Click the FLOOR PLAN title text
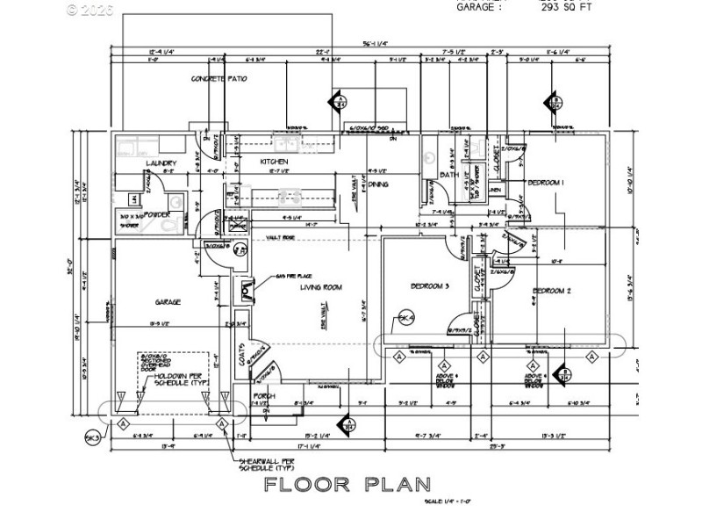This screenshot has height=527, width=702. point(348,484)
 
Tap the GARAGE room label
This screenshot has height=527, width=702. point(168,302)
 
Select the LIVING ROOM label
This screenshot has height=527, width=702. point(320,287)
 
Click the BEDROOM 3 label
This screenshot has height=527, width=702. point(430,286)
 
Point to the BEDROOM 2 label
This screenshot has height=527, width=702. point(552,291)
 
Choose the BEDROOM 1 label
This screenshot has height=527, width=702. point(545,183)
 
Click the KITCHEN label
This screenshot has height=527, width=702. point(274,162)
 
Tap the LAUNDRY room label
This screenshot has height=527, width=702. point(162,163)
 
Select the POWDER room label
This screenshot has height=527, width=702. point(157,214)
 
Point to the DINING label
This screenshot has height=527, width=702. point(378,184)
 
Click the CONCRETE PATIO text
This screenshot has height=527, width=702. point(219,79)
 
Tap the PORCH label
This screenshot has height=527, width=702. point(264,397)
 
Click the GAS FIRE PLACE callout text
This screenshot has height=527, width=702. point(295,276)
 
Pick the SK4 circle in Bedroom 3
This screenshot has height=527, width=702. point(405,317)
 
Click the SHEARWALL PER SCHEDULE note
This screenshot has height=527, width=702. point(268,465)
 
